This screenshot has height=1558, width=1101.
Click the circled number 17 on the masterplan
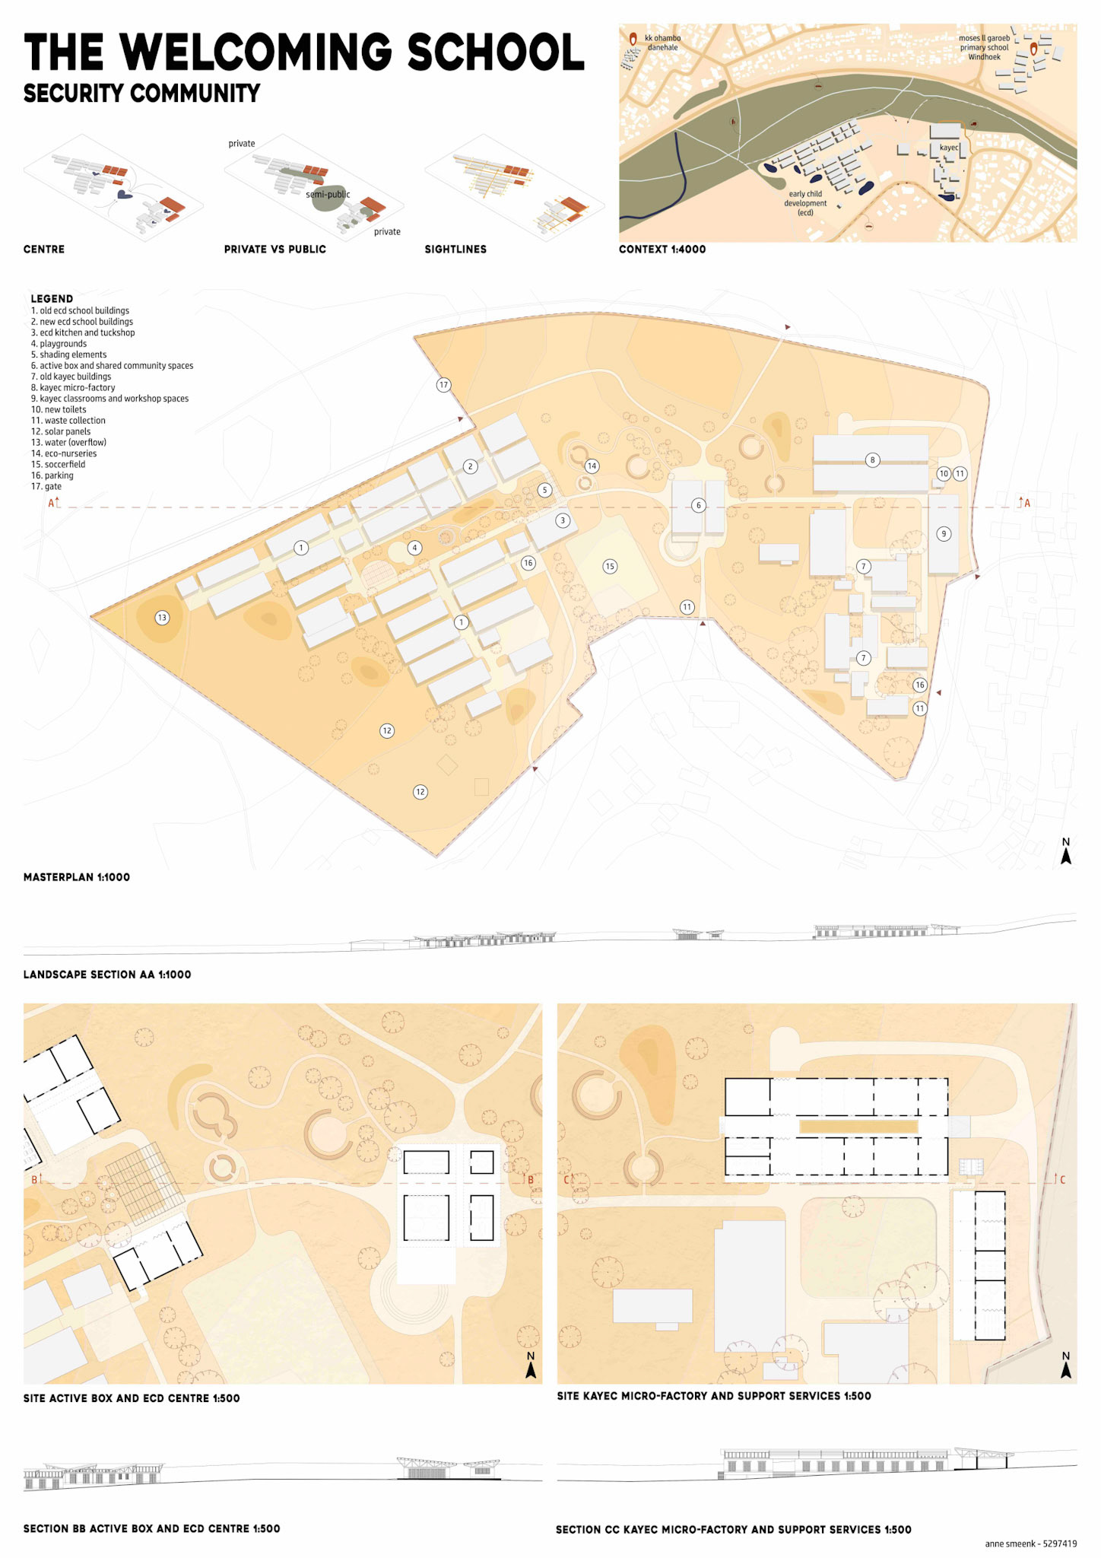tap(444, 385)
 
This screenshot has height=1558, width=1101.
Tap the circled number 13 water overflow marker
tap(162, 618)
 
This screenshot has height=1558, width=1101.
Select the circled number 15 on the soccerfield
tap(610, 566)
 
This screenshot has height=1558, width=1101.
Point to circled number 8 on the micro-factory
tap(872, 459)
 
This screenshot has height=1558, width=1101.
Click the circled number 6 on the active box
tap(699, 505)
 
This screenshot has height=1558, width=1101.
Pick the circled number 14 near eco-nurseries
tap(592, 466)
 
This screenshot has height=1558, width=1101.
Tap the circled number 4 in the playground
tap(414, 548)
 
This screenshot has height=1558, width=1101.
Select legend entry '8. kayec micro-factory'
tap(73, 388)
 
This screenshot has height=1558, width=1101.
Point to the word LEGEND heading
tap(52, 299)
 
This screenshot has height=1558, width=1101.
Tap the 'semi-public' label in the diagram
tap(328, 195)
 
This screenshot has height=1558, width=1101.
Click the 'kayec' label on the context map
tap(949, 148)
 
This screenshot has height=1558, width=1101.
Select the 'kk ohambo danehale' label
tap(662, 43)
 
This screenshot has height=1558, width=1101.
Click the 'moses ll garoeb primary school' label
tap(984, 47)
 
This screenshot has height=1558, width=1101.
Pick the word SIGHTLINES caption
tap(455, 250)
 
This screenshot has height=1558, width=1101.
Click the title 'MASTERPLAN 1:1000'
tap(77, 877)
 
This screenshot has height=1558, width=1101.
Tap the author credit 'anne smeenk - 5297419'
tap(1030, 1544)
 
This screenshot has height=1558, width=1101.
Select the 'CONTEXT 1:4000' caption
tap(662, 250)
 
